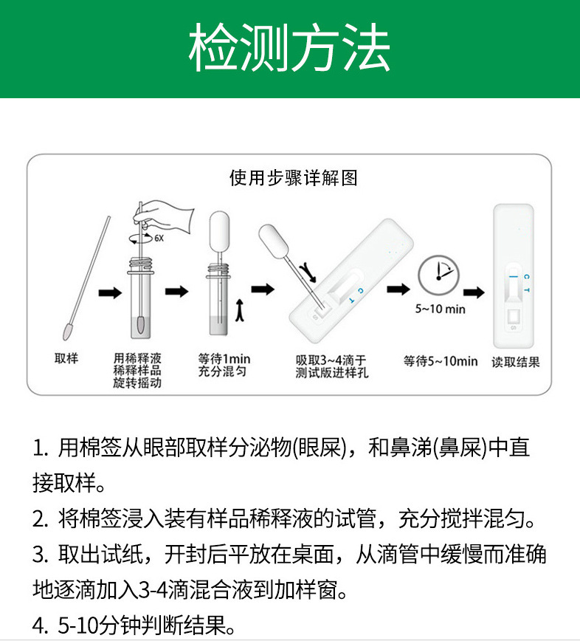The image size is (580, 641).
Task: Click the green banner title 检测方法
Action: coord(289,49)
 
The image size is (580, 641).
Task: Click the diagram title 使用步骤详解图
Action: coord(293,179)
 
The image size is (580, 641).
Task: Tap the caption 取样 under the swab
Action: coord(66,359)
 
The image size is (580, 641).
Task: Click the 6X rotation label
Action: coord(159,238)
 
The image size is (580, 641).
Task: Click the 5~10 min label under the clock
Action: coord(440,309)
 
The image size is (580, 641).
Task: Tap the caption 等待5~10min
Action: coord(441,361)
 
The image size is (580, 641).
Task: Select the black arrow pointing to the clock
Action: coord(399,288)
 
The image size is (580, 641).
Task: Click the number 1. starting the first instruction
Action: coord(40,448)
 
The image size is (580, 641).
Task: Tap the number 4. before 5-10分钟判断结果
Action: coord(40,628)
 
